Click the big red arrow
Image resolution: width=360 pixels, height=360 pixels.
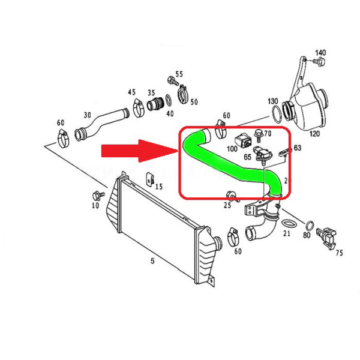coord(139,151)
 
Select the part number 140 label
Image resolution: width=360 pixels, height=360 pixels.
coord(320,53)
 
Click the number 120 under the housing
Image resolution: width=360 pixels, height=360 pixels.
coord(314,134)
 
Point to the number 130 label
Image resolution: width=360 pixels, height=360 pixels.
coord(273,101)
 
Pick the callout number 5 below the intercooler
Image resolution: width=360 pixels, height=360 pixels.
coord(152,261)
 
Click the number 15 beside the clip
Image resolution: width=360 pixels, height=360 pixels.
coord(159,187)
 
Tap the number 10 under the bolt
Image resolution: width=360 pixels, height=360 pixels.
coord(95,205)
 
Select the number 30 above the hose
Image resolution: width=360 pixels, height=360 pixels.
coord(87,115)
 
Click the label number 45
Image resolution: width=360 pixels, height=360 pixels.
coord(132,92)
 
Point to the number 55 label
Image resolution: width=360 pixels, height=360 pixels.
coord(179,74)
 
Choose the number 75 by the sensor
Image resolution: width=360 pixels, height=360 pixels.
coord(340,253)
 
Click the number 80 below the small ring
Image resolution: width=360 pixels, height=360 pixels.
coord(307,235)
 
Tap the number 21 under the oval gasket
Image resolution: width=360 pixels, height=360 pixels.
coord(287,234)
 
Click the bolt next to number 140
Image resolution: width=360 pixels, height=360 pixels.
coord(319,62)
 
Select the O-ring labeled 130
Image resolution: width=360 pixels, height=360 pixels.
coord(277,115)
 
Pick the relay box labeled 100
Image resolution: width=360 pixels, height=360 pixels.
coord(243,140)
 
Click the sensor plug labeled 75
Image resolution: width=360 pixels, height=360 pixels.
coord(326,237)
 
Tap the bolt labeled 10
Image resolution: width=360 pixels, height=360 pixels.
coord(98,196)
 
